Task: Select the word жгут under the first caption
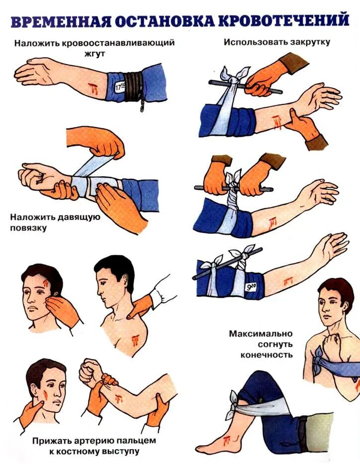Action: pos(95,55)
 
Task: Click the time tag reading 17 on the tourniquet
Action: pos(119,86)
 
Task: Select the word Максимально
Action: pos(261,333)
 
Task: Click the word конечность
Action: pos(267,355)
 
